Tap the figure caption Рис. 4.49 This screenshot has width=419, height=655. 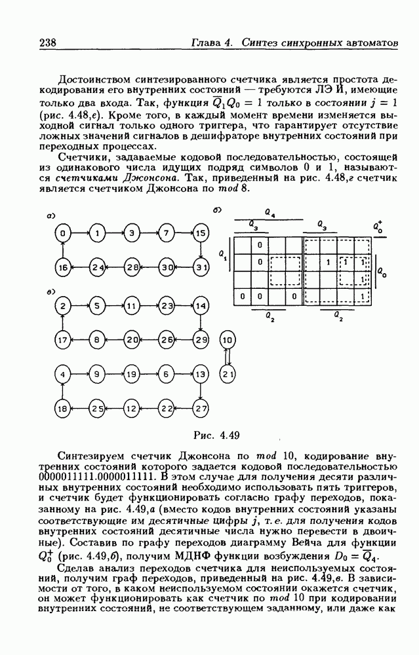pyautogui.click(x=221, y=434)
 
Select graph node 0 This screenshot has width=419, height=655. pyautogui.click(x=62, y=233)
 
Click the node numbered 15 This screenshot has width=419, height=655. pyautogui.click(x=201, y=233)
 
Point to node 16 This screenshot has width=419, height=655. pyautogui.click(x=62, y=267)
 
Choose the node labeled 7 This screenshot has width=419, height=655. pyautogui.click(x=167, y=233)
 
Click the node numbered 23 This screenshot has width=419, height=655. pyautogui.click(x=167, y=306)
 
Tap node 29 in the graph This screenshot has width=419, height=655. pyautogui.click(x=201, y=341)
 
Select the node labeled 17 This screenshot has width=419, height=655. pyautogui.click(x=62, y=341)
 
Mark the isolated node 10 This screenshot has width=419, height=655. pyautogui.click(x=228, y=341)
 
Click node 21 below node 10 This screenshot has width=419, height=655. pyautogui.click(x=228, y=375)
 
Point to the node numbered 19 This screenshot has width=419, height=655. pyautogui.click(x=132, y=375)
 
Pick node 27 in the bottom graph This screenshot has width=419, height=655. pyautogui.click(x=201, y=409)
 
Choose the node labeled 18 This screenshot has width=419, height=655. pyautogui.click(x=62, y=409)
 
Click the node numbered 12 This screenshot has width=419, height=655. pyautogui.click(x=132, y=409)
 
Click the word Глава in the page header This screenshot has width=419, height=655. pyautogui.click(x=205, y=43)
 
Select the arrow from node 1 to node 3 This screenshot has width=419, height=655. pyautogui.click(x=115, y=233)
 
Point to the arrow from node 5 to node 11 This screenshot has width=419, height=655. pyautogui.click(x=115, y=306)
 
